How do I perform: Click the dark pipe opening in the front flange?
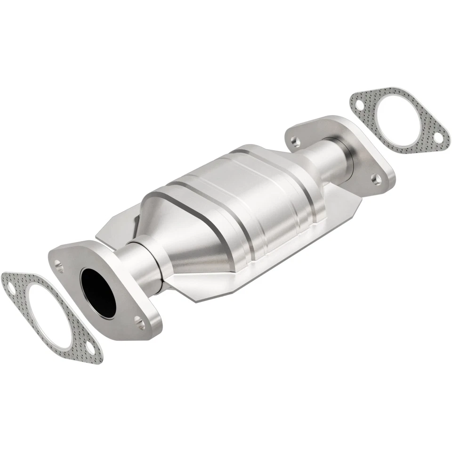coord(98,292)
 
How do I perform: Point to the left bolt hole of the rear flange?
coord(294,140)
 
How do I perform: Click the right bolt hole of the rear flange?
coord(376,179)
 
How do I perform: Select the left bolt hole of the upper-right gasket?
coord(359,105)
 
